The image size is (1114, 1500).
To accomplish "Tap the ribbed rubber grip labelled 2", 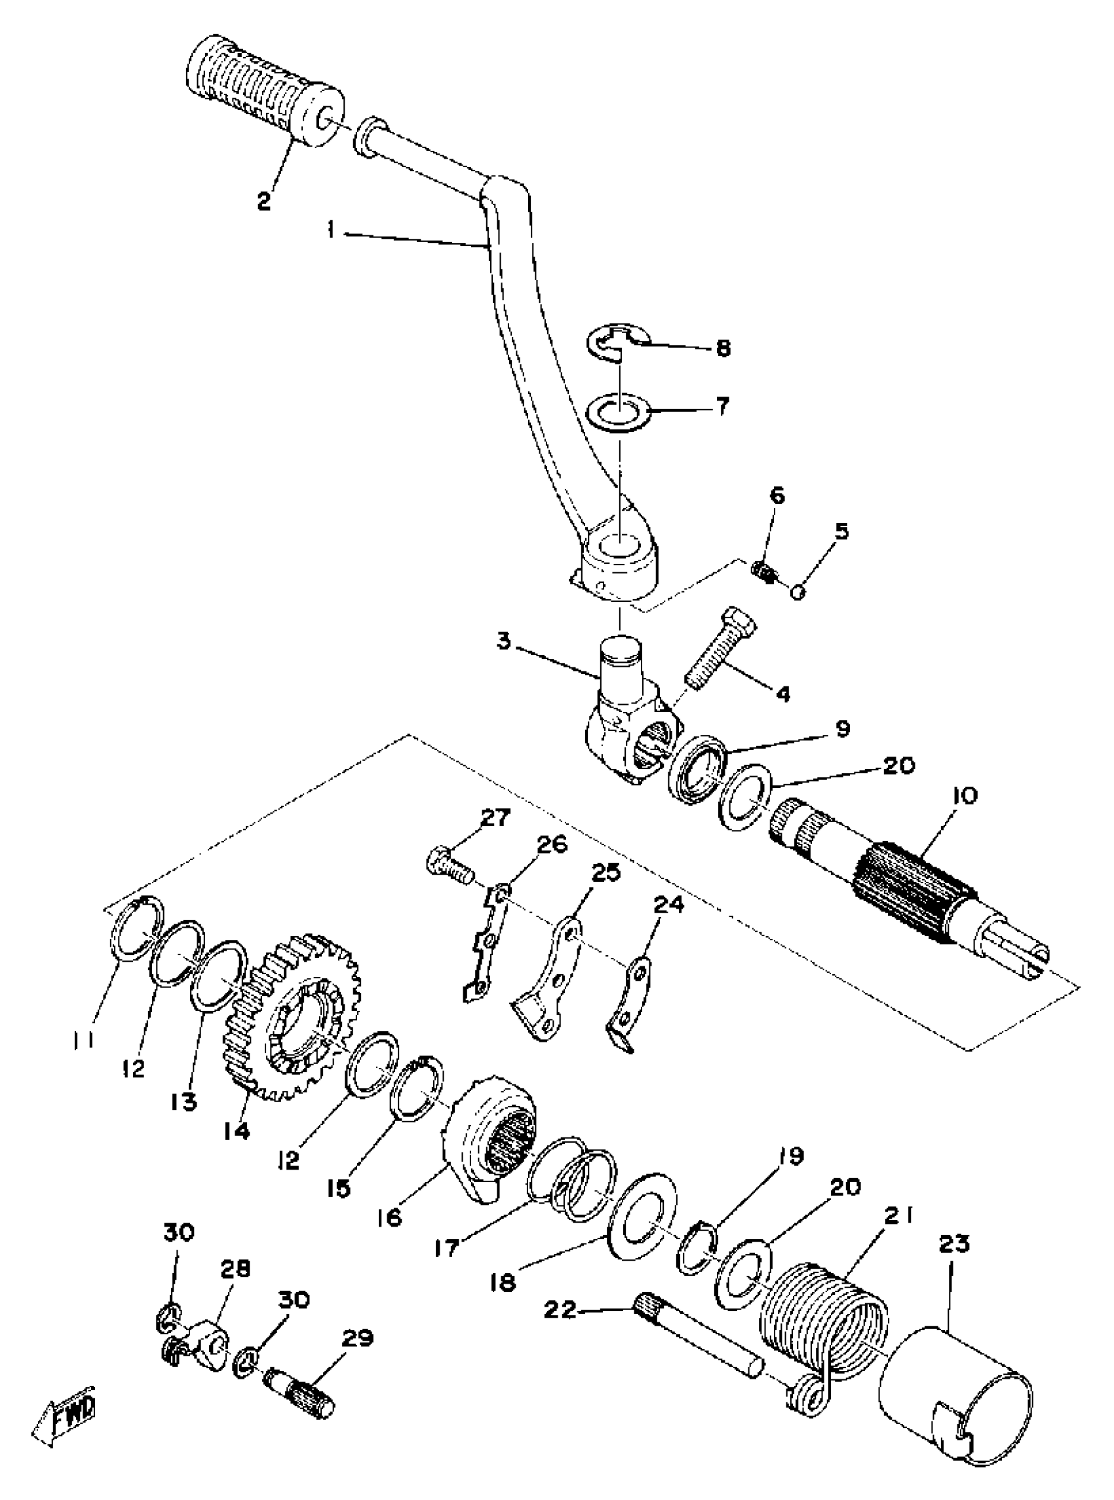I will point(263,94).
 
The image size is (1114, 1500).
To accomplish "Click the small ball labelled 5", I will point(797,592).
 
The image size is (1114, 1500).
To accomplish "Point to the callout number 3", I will point(504,640).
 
